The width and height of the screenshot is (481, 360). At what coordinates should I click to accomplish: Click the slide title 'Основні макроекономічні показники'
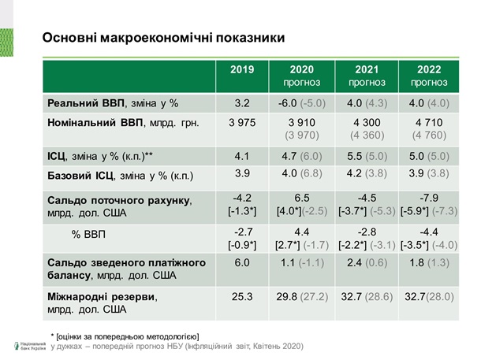coord(163,38)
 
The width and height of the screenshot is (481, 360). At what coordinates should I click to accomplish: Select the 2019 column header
coord(242,70)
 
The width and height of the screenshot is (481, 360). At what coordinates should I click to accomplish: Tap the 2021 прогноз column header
coord(367,76)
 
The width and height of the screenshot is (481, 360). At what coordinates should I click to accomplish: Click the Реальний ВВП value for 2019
coord(242,102)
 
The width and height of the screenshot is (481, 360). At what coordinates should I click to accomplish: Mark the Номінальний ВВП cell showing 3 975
coord(242,122)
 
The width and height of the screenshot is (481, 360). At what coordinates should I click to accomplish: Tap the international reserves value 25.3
coord(242,297)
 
